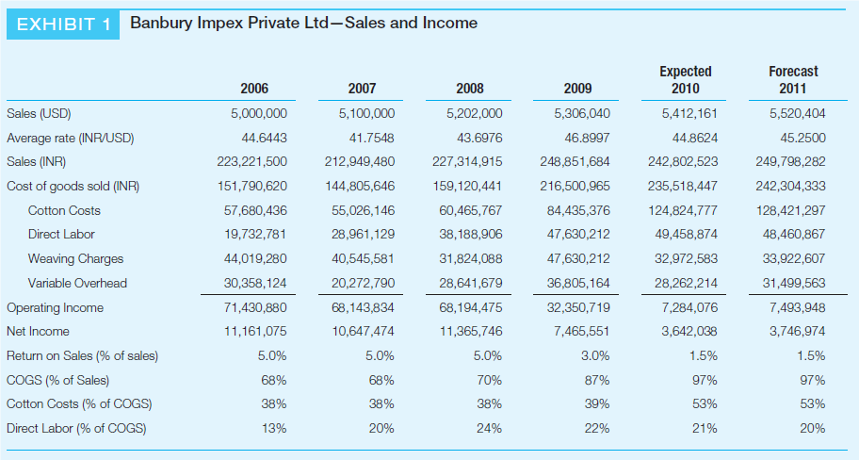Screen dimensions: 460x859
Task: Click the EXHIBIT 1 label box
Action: tap(63, 25)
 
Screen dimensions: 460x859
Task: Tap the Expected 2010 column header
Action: tap(686, 80)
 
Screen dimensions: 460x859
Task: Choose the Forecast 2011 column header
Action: tap(793, 80)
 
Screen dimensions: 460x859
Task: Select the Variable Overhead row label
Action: tap(77, 283)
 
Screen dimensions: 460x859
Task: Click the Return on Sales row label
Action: tap(82, 356)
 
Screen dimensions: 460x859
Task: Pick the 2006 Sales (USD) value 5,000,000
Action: tap(259, 113)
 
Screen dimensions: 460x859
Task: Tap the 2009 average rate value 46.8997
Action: tap(587, 138)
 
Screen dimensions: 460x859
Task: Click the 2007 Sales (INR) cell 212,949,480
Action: tap(359, 161)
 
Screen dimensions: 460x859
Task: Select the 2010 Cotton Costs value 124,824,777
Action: tap(684, 210)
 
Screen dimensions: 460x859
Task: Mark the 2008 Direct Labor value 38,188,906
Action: tap(471, 234)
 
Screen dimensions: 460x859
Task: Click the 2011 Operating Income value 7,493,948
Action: tap(797, 307)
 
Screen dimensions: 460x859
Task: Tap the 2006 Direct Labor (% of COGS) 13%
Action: tap(274, 429)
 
